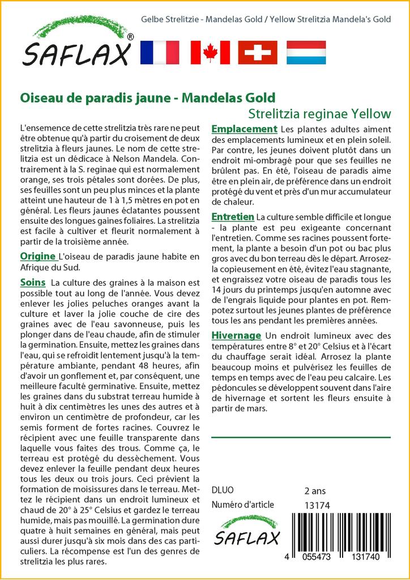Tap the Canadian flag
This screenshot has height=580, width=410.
[x=210, y=52]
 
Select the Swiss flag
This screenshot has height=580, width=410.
[x=258, y=52]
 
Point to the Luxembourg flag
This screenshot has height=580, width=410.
[x=306, y=52]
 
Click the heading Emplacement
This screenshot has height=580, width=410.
[x=244, y=129]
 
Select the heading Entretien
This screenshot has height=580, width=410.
[x=233, y=217]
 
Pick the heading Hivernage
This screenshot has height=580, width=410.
[x=236, y=335]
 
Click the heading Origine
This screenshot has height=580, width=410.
[x=38, y=256]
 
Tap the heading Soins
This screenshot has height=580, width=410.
[x=32, y=282]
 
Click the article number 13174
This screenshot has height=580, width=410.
[x=317, y=505]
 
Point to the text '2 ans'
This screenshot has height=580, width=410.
[x=315, y=491]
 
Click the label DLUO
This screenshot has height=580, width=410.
[x=222, y=491]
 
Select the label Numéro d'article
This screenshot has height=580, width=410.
[x=242, y=505]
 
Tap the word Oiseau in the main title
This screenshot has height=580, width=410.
[x=41, y=97]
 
